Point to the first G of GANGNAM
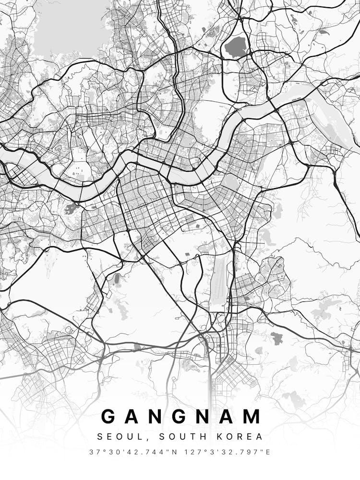110,416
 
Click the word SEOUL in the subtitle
116,437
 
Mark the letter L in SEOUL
132,437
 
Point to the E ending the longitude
268,452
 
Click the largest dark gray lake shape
235,47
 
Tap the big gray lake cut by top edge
72,26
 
